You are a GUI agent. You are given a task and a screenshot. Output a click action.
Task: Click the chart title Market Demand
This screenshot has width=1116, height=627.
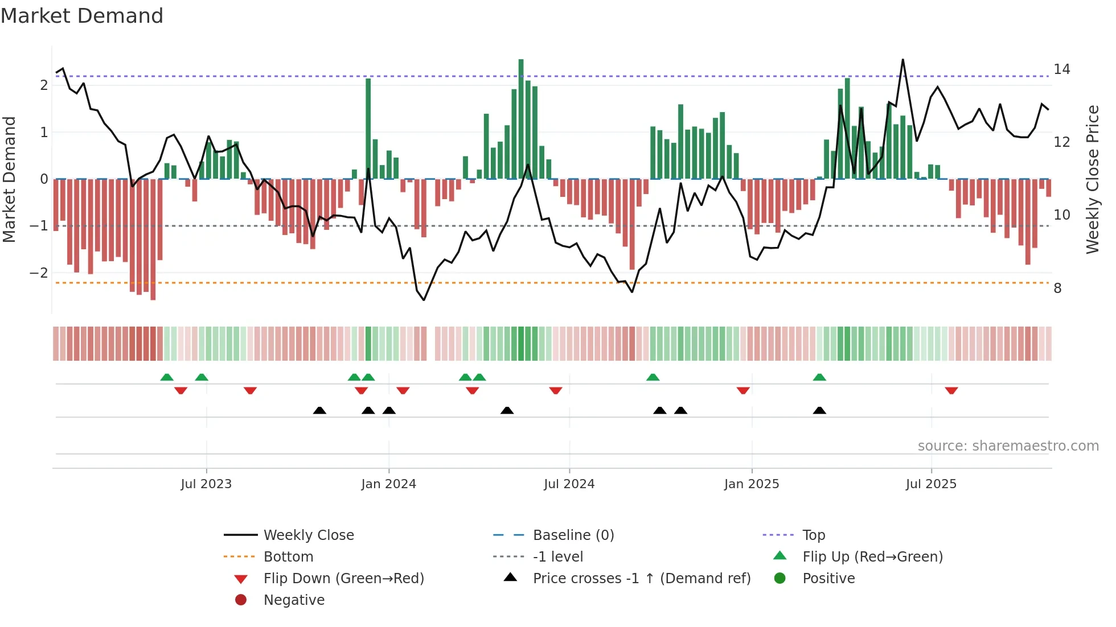click(82, 16)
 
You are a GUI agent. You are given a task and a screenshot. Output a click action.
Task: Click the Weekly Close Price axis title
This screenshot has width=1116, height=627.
click(1092, 179)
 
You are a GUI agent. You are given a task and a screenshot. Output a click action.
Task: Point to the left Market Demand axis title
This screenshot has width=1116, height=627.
click(10, 179)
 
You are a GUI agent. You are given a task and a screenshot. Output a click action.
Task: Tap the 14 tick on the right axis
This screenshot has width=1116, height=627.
click(1061, 69)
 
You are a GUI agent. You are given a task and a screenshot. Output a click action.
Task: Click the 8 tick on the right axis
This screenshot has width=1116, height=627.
click(1057, 288)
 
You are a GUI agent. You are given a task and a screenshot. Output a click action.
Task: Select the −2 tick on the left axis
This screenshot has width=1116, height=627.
click(39, 273)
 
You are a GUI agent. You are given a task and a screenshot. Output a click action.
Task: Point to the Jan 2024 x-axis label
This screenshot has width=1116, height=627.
click(388, 484)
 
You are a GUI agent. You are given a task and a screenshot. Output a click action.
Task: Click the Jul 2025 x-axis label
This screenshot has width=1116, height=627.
click(931, 484)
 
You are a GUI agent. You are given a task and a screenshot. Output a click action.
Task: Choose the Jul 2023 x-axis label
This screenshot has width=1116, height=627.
click(206, 484)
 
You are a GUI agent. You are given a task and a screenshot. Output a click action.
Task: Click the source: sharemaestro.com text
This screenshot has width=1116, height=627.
click(1008, 446)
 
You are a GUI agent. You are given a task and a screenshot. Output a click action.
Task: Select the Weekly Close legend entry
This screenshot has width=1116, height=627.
click(308, 535)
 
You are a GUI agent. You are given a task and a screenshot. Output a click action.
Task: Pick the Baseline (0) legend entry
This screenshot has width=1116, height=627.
click(573, 535)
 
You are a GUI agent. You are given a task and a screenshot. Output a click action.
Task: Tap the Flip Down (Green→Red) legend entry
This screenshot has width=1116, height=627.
click(343, 579)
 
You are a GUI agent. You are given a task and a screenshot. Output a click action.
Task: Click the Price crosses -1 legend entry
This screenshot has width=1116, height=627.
click(641, 579)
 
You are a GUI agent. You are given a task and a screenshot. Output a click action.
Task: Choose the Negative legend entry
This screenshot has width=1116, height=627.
click(294, 600)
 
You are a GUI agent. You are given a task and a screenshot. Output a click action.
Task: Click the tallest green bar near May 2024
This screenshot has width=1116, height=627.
click(521, 119)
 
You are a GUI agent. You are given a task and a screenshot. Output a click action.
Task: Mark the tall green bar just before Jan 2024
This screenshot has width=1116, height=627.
click(368, 129)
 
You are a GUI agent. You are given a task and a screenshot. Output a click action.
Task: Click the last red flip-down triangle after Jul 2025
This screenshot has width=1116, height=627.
click(951, 391)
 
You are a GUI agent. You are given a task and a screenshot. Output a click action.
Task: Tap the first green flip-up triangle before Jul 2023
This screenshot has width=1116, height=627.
click(167, 377)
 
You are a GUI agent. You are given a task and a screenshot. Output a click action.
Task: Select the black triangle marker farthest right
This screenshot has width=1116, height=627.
click(819, 411)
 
